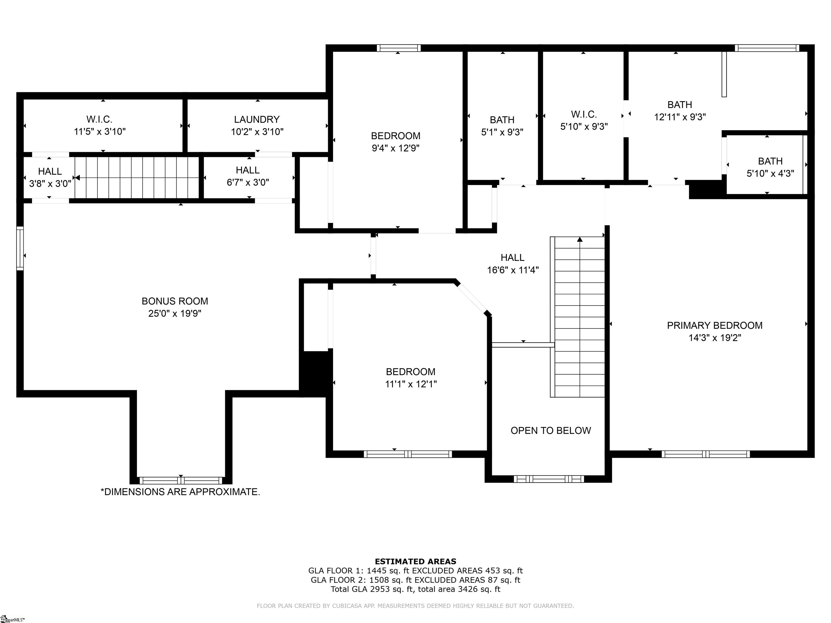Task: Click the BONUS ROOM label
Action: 175,301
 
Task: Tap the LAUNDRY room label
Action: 257,120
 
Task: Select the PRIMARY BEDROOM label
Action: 714,326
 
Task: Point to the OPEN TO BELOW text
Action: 551,431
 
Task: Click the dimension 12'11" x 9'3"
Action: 680,117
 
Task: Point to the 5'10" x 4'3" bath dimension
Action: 770,174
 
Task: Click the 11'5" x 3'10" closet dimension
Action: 100,132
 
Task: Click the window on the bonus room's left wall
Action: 20,248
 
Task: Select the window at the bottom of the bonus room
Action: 181,480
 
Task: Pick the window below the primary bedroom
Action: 705,454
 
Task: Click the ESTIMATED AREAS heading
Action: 415,561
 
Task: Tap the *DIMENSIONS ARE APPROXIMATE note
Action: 180,492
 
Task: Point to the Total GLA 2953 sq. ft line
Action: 415,589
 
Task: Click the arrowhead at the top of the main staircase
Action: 580,239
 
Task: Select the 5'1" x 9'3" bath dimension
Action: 502,132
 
